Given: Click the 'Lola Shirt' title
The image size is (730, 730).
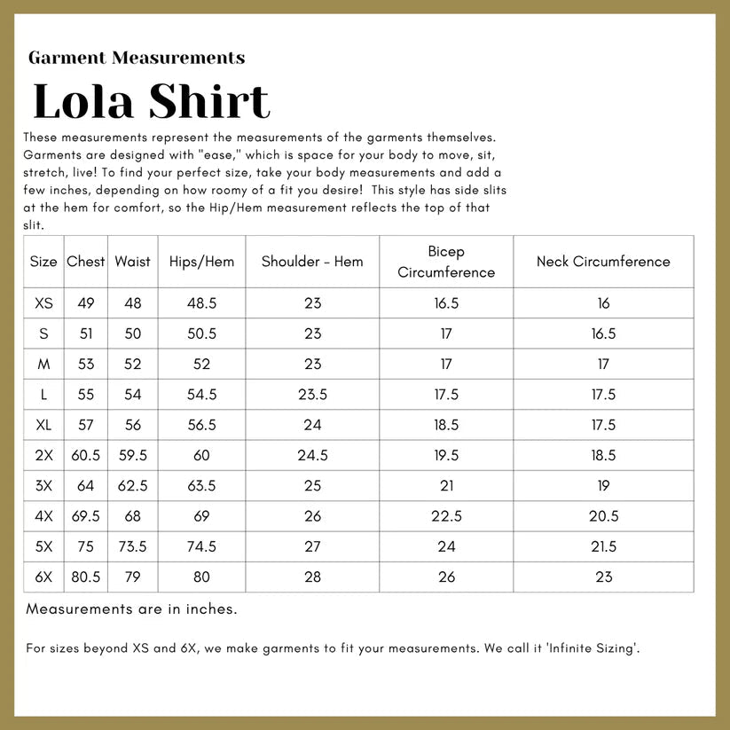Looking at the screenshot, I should pos(151,101).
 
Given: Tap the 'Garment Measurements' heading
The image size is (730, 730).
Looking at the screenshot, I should pos(137,59).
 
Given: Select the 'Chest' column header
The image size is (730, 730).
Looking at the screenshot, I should pos(86,262).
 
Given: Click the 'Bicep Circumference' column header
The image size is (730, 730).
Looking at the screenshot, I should pos(446,262).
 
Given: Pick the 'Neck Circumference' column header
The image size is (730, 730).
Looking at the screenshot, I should pos(603,262).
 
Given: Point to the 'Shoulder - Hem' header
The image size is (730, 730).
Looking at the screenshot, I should pos(312,262).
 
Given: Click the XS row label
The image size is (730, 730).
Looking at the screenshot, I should pos(43,303).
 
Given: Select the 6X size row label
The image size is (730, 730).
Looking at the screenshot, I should pos(43,577).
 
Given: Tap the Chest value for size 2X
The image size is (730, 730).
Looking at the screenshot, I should pos(86,455).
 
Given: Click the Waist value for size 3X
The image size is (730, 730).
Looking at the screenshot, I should pos(133,485).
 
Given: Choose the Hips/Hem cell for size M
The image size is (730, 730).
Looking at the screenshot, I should pos(201,364).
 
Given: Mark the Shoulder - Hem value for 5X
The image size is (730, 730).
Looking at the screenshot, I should pos(312,546).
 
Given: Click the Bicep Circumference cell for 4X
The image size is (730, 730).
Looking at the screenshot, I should pos(446,516).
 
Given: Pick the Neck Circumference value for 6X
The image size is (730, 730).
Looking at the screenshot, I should pos(603,577).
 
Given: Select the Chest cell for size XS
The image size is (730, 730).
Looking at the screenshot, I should pos(86,303).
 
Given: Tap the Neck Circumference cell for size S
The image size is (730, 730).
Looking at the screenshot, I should pos(603,334).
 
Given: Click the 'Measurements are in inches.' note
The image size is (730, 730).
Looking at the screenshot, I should pos(131,609).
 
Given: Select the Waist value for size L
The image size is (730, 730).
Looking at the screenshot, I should pos(133,395).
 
